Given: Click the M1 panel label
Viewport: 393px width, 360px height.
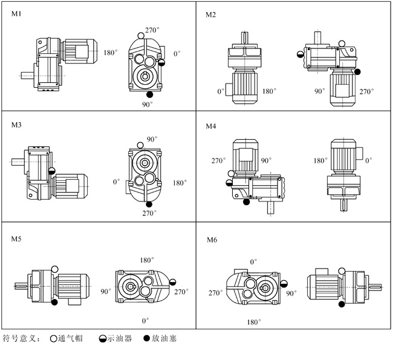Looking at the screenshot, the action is [16, 13].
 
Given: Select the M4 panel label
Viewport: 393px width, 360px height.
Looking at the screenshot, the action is [211, 126].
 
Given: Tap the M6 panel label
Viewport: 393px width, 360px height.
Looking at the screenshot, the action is [212, 240].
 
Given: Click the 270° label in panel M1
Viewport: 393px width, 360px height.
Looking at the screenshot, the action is [152, 30].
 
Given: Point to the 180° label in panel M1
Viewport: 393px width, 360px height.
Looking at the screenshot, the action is [111, 53].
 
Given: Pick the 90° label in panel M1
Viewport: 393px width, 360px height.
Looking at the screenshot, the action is [148, 104].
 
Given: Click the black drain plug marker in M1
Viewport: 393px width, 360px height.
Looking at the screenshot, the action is [149, 94].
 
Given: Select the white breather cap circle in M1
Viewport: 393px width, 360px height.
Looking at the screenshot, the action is [141, 36].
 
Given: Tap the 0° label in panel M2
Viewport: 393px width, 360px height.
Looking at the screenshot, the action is [221, 91].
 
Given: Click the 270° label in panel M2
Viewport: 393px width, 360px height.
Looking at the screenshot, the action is [366, 91].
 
